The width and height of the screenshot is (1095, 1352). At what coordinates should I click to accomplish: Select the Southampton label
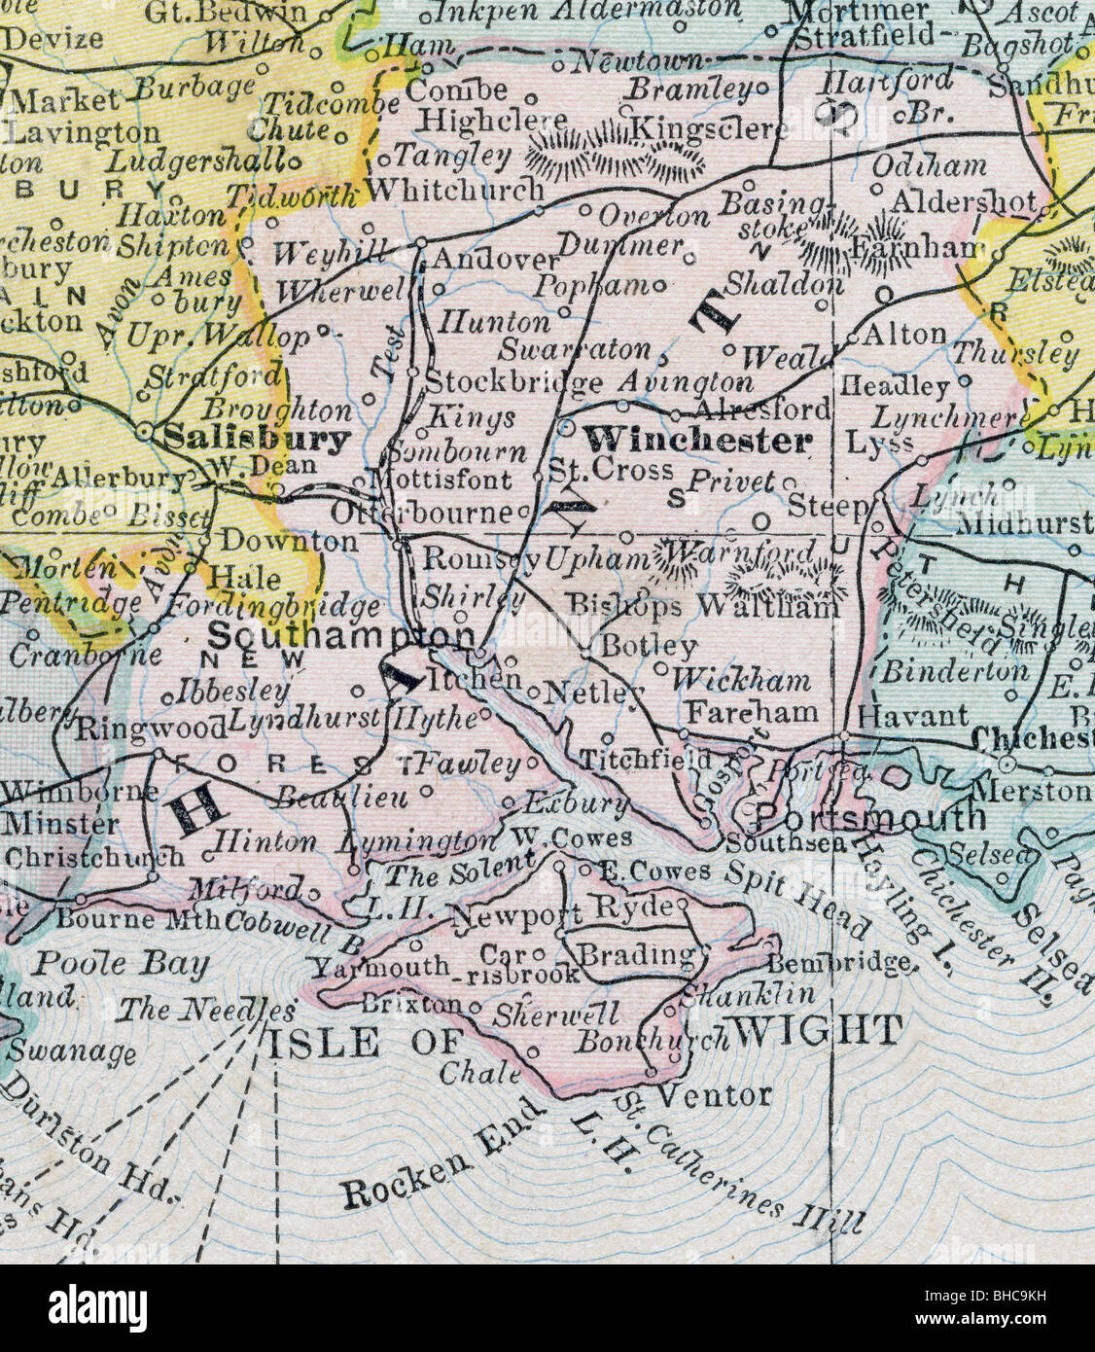click(339, 635)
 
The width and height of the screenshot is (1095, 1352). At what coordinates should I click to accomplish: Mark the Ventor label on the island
click(715, 1095)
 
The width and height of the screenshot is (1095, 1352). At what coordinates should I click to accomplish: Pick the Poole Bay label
click(122, 964)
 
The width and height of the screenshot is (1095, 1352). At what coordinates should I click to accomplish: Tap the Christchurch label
click(93, 857)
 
